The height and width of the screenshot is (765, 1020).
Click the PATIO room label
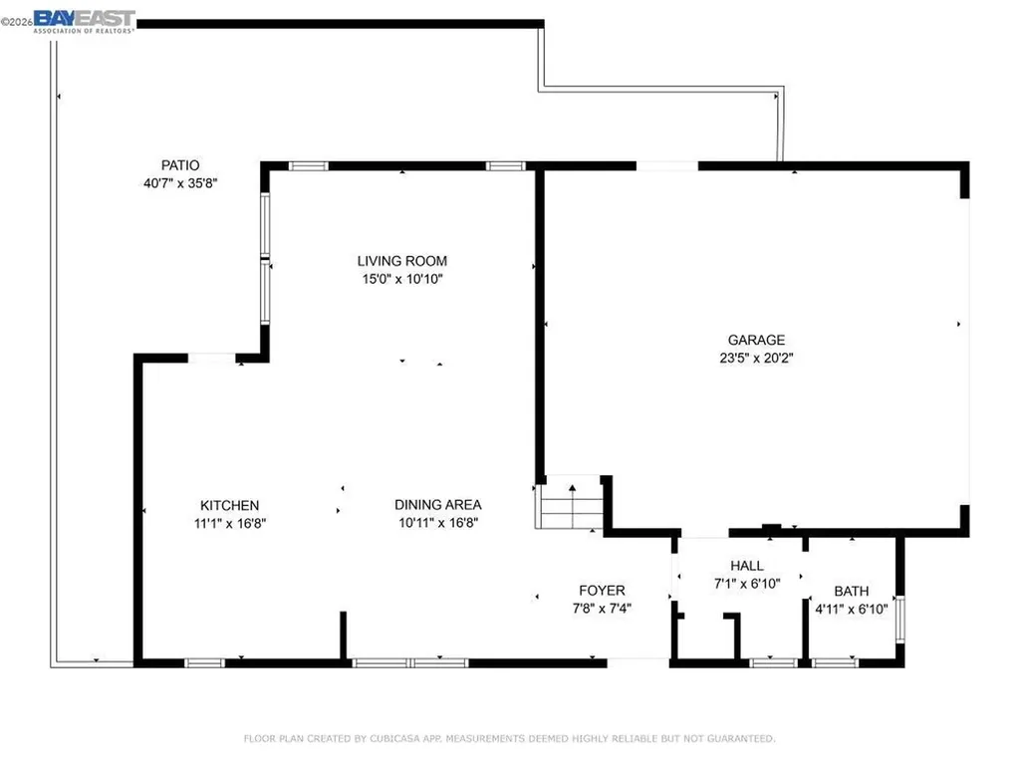(180, 165)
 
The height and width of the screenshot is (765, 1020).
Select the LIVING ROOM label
(402, 261)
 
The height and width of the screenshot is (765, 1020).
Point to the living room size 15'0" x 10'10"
(402, 280)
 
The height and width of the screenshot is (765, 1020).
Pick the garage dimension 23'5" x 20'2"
(757, 358)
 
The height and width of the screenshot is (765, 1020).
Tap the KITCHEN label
(229, 505)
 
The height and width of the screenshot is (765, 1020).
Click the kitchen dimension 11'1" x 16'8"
(229, 523)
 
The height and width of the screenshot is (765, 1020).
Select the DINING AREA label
(438, 504)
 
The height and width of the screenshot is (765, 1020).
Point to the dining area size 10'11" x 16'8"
(438, 523)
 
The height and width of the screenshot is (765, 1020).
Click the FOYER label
(602, 591)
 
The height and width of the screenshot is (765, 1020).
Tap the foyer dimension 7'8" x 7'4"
(602, 609)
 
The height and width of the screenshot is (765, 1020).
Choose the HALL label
(746, 566)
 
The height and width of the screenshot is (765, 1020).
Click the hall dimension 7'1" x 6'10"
(746, 584)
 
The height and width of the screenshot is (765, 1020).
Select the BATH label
(851, 591)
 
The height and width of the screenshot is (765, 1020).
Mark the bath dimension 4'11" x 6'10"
(851, 609)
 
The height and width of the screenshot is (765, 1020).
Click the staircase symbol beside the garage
(571, 505)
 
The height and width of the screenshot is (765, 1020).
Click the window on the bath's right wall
(900, 617)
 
